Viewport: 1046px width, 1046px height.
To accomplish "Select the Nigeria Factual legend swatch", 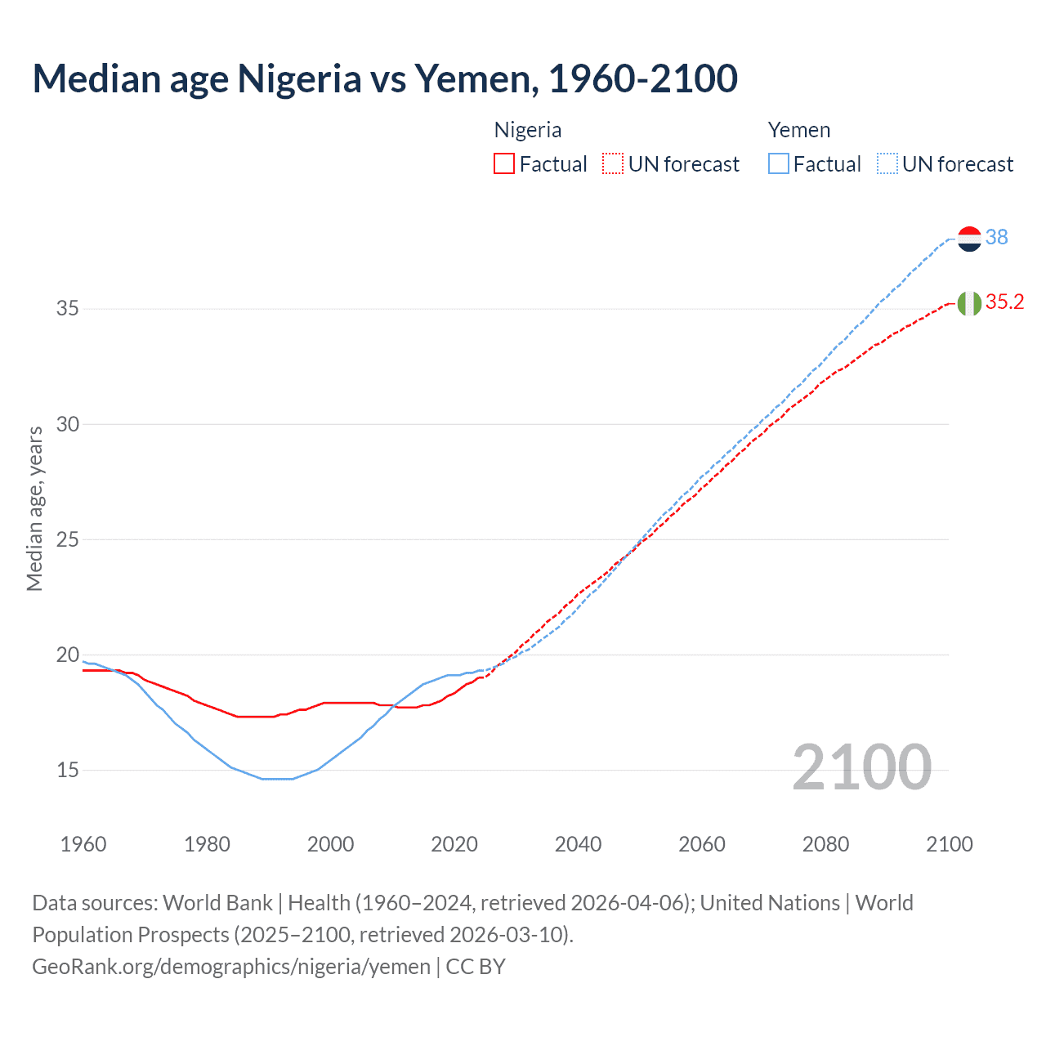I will (x=504, y=164).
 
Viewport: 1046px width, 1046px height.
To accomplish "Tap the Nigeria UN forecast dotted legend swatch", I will (x=613, y=164).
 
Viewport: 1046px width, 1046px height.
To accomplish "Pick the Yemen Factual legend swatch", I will (x=778, y=164).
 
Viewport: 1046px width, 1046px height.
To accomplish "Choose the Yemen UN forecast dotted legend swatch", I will (x=887, y=164).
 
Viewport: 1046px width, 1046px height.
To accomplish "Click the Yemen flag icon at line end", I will (x=969, y=239).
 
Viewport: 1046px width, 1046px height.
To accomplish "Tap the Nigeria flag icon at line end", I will (x=969, y=303).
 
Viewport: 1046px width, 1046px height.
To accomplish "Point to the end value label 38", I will (x=996, y=237).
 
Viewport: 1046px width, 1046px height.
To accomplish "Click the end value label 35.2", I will (x=1004, y=302).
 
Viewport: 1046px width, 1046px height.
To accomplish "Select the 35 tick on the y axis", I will (x=68, y=309).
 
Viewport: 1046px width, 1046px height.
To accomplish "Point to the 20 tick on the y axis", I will (x=68, y=655).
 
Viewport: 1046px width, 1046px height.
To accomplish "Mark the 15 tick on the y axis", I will (x=68, y=770).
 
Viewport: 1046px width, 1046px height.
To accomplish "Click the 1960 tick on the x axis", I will (x=83, y=844).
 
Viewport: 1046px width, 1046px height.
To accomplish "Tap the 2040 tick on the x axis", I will (x=578, y=844).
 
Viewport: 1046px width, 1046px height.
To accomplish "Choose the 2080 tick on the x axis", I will (x=825, y=844).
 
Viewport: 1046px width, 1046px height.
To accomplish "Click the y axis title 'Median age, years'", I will (x=34, y=508).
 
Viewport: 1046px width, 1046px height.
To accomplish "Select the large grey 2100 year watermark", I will (x=861, y=767).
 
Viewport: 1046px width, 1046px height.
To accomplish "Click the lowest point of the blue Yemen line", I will (x=278, y=779).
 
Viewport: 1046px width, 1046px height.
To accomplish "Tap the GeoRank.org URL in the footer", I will (x=231, y=967).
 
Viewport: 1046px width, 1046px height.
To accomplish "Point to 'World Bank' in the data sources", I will (x=217, y=903).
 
